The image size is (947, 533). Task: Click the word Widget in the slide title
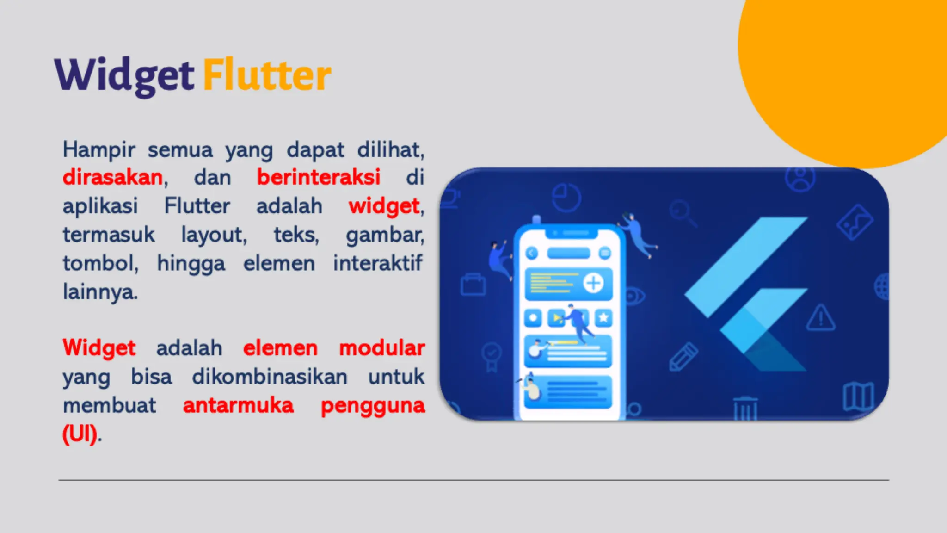point(124,75)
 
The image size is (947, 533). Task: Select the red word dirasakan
point(113,177)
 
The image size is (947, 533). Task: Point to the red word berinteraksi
point(319,177)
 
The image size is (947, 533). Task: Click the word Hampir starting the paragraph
point(99,149)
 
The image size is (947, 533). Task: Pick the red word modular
point(382,348)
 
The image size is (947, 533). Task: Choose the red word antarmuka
point(238,405)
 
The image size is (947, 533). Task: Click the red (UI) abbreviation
point(80,434)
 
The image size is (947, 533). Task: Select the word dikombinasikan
point(270,377)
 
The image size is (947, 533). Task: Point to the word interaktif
point(378,263)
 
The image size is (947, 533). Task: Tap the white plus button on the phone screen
point(594,283)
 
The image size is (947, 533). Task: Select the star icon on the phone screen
point(603,318)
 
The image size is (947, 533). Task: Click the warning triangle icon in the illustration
point(821,318)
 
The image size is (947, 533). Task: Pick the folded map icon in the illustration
point(858,397)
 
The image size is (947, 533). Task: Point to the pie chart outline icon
point(566,198)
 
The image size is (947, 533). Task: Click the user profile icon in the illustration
point(800,179)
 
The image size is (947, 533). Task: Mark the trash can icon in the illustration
point(745,408)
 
